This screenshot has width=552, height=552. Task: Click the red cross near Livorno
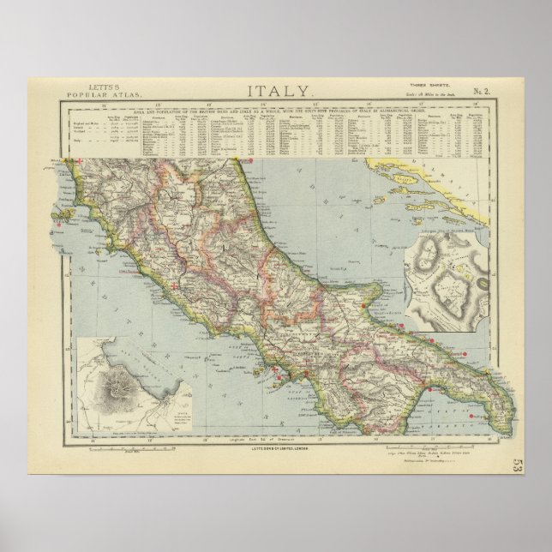(x=81, y=162)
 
